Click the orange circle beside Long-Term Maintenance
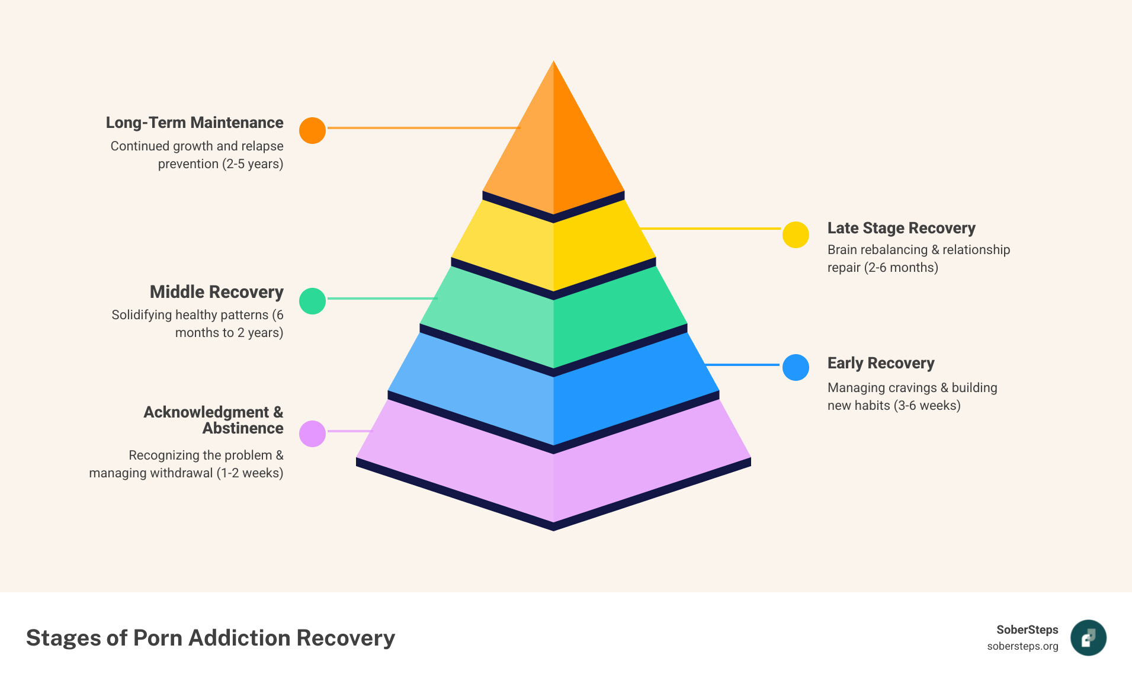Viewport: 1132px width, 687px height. click(312, 130)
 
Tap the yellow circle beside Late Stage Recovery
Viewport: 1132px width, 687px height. click(796, 235)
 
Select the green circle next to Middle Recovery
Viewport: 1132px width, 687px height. click(312, 301)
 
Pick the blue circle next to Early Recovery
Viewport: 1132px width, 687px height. click(796, 367)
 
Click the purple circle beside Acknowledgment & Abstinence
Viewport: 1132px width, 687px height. click(312, 434)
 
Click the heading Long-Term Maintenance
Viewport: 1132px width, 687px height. click(194, 123)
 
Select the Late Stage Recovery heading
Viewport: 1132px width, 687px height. click(901, 228)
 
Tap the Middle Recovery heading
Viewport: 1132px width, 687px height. click(216, 292)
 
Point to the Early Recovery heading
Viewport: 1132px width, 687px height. click(881, 363)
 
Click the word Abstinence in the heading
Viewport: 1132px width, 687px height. click(243, 428)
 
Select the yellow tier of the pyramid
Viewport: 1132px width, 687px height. click(553, 246)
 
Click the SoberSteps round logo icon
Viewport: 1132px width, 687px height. click(1088, 638)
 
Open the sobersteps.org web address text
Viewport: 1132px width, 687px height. click(1022, 646)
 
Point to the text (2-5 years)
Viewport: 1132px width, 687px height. click(253, 163)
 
